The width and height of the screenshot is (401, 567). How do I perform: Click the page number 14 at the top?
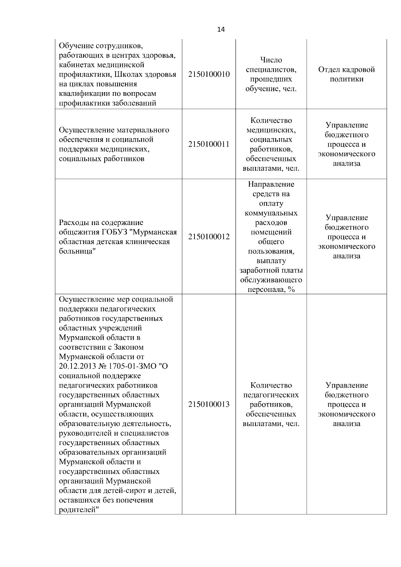point(221,29)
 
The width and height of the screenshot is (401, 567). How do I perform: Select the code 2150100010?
point(209,74)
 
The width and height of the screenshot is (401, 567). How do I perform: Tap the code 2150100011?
point(209,144)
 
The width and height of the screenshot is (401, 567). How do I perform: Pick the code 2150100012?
point(209,237)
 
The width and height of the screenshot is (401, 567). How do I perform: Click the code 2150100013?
point(209,404)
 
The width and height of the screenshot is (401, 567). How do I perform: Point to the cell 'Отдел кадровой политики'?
point(347,74)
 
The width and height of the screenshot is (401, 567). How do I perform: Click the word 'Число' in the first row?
point(271,60)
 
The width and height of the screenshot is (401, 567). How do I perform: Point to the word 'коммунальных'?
point(271,213)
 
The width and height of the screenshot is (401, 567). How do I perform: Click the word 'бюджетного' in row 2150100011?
point(347,135)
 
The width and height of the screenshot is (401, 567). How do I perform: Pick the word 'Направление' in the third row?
point(271,184)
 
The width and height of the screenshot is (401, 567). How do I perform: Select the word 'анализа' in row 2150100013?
point(347,424)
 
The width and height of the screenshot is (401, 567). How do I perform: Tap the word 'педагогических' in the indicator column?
point(271,395)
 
